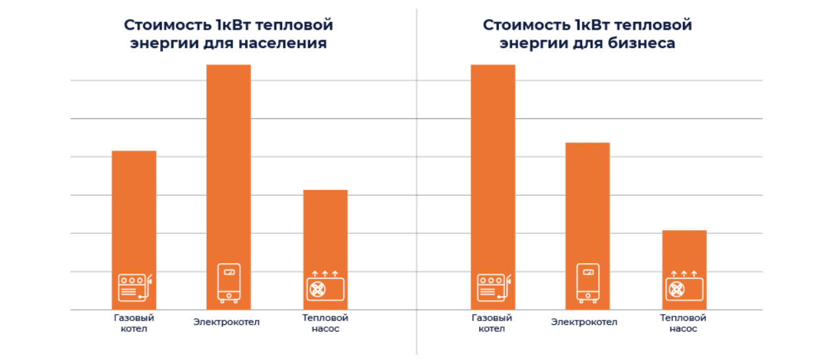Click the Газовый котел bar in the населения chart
point(134,211)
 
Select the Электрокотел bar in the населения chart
point(229,165)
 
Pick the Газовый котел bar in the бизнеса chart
point(492,165)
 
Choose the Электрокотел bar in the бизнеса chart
point(587,204)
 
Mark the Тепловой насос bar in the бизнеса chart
point(684,251)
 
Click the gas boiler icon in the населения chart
point(134,287)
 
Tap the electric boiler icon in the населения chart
point(229,282)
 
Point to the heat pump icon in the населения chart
point(325,285)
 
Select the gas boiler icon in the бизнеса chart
point(494,287)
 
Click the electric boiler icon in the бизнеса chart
point(587,282)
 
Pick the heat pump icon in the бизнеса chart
point(684,285)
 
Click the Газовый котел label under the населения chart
point(134,323)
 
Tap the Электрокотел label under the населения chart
point(227,322)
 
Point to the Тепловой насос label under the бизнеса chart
point(683,323)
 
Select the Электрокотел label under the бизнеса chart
point(585,322)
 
